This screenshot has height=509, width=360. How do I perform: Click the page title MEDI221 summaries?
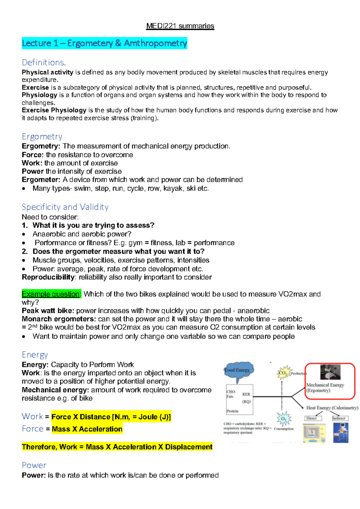point(180,26)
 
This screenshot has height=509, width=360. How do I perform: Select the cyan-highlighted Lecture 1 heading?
point(104,43)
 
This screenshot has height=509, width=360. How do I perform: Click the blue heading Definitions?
point(44,62)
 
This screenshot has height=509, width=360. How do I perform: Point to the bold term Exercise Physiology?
point(54,110)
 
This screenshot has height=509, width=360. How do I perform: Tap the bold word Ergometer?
point(41,180)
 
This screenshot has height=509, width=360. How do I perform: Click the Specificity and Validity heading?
point(65,207)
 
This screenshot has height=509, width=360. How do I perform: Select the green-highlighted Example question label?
point(51,294)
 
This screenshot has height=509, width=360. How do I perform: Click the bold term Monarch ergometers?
point(59,319)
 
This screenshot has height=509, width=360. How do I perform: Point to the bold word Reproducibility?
point(48,277)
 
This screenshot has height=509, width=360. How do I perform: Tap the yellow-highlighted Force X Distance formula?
point(111,417)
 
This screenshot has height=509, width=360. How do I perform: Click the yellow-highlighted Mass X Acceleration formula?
point(87,429)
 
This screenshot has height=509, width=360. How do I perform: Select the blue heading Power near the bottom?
point(34,465)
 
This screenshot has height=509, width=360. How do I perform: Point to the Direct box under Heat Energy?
point(313,418)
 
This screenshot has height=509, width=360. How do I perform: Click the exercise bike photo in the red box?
point(330,373)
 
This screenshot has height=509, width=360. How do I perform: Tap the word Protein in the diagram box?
point(232,411)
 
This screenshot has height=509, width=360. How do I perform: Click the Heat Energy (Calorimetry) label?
point(332,408)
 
